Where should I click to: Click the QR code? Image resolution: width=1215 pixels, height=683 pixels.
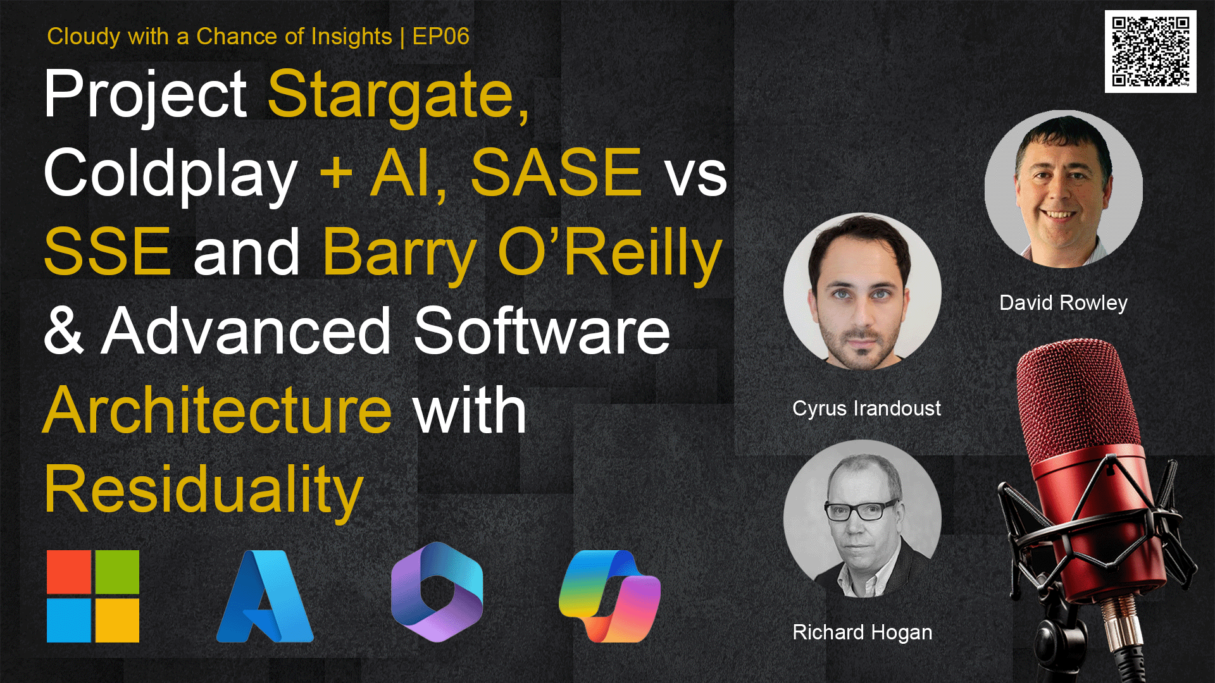[x=1150, y=51]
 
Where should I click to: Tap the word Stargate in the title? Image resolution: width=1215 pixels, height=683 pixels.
[x=399, y=96]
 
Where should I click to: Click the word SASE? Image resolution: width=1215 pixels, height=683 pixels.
[x=556, y=173]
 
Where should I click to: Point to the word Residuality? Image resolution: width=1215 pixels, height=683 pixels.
[x=204, y=491]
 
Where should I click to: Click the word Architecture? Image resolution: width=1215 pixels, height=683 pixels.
[x=218, y=410]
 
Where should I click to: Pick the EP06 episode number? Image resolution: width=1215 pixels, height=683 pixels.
[x=440, y=37]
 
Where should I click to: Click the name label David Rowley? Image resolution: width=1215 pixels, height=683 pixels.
[x=1063, y=303]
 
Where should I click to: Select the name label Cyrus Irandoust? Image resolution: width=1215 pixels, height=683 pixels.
[x=866, y=409]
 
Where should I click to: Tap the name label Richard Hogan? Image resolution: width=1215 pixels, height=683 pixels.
[x=862, y=632]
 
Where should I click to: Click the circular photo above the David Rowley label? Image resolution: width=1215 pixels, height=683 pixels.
[x=1064, y=189]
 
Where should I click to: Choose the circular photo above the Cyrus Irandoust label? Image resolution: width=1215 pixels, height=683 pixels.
[x=863, y=292]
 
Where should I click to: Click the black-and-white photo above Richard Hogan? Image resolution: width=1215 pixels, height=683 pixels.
[x=863, y=519]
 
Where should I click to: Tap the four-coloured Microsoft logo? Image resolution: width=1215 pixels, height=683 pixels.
[x=93, y=596]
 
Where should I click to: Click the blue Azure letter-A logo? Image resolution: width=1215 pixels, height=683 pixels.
[x=265, y=596]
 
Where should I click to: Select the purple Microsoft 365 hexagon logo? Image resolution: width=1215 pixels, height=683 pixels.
[x=437, y=592]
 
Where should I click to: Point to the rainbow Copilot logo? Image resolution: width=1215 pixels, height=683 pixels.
[x=609, y=596]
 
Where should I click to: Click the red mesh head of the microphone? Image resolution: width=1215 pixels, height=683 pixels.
[x=1076, y=405]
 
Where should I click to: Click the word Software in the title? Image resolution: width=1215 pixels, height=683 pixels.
[x=542, y=331]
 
